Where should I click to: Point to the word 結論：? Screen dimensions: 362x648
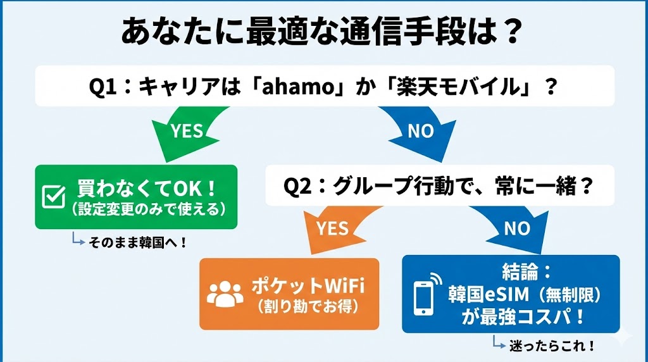(528, 273)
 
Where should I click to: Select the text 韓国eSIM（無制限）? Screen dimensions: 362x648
(524, 294)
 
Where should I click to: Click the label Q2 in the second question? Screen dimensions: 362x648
(297, 187)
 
